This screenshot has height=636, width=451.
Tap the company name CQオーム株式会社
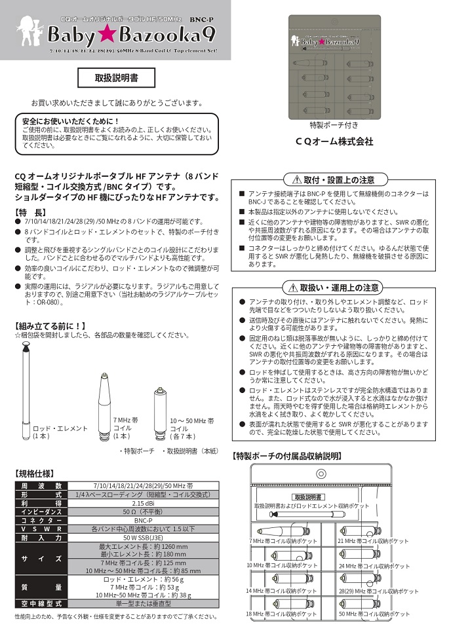334,141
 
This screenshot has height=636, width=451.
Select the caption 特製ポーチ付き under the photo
334,125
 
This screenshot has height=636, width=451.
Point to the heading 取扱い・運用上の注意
334,288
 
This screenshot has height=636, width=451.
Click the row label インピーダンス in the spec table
41,512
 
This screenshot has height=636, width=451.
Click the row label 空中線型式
41,603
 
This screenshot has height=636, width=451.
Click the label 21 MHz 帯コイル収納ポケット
372,542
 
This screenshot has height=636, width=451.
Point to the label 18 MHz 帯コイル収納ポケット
281,614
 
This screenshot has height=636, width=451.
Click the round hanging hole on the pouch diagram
321,474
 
